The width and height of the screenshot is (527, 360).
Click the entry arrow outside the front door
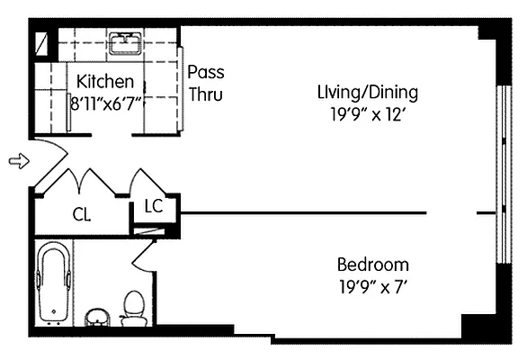17,161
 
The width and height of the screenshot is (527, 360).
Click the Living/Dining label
367,92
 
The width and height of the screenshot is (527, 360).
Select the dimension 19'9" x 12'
367,113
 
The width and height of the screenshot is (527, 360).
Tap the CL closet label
82,214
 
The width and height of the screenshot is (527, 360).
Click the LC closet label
153,207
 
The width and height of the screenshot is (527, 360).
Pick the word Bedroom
372,265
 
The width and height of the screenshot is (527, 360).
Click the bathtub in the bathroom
54,283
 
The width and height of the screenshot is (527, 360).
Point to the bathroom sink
97,316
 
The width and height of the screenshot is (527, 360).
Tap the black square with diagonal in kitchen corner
40,41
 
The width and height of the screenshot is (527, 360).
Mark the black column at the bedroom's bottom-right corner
477,326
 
